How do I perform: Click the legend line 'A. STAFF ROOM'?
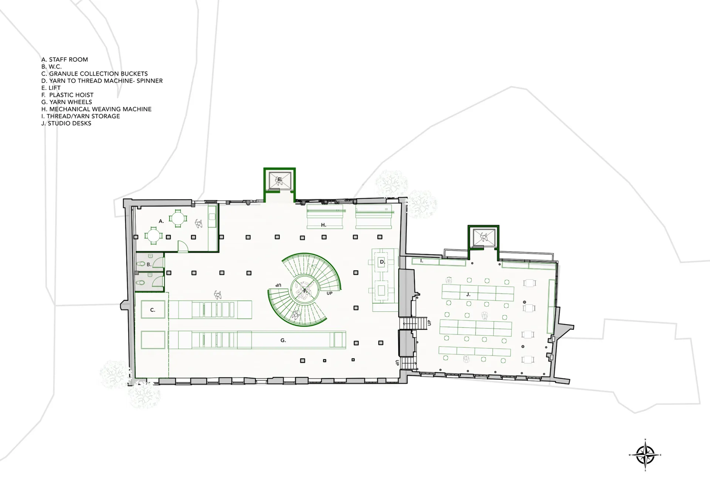pos(65,60)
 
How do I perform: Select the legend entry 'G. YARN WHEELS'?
pos(67,102)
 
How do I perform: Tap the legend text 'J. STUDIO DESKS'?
pos(66,123)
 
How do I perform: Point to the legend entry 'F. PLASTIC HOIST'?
pos(67,95)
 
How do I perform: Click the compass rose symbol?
pos(645,455)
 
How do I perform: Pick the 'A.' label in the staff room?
pos(161,221)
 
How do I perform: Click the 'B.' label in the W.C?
pos(149,265)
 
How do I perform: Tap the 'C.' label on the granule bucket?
pos(153,310)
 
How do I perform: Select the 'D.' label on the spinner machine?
pos(382,262)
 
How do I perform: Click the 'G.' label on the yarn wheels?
pos(283,340)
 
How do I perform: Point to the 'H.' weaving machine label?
pos(324,225)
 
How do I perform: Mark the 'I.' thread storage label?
pos(422,261)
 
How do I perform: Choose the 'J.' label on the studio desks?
pos(468,294)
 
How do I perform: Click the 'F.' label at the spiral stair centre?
pos(305,291)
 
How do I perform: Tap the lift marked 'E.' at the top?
pos(280,180)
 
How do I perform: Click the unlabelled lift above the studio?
pos(483,237)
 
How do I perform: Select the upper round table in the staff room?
pos(178,219)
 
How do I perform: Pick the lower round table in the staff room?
pos(153,236)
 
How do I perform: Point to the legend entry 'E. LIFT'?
pos(51,88)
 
